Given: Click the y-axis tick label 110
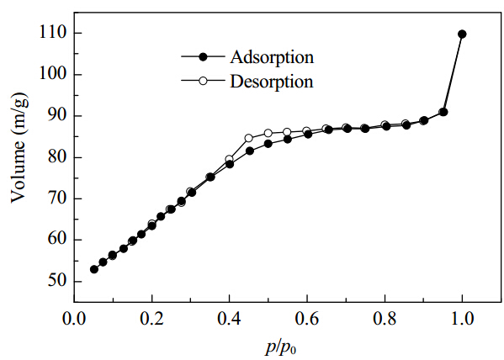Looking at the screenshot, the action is pos(53,33).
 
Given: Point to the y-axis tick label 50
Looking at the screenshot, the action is pos(57,281).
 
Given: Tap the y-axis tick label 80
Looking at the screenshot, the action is pos(57,156).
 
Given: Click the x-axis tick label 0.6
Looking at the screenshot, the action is pos(308,319).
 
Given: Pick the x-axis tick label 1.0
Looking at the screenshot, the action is pos(462,319).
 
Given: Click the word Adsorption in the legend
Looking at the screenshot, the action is pos(272,57).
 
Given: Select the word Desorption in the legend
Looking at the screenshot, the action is pos(272,82).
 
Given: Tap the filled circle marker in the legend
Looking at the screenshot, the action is pos(203,57).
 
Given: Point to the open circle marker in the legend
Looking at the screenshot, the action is pos(203,81).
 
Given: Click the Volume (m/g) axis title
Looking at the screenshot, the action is pos(19,148).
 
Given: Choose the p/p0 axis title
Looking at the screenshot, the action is pos(280,348).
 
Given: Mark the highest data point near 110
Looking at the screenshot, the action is pos(462,34).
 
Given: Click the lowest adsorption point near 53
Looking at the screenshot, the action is pos(94,269).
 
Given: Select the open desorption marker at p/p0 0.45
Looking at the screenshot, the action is pos(249,138).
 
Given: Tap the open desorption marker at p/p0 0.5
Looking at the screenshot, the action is pos(268,133).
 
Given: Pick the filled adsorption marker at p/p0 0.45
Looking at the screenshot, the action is pos(250,151).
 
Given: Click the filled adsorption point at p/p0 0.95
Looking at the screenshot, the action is pos(443,112).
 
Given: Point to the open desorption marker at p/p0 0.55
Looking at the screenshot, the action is pos(287,132).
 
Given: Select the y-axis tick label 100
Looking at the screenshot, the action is pos(53,74).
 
